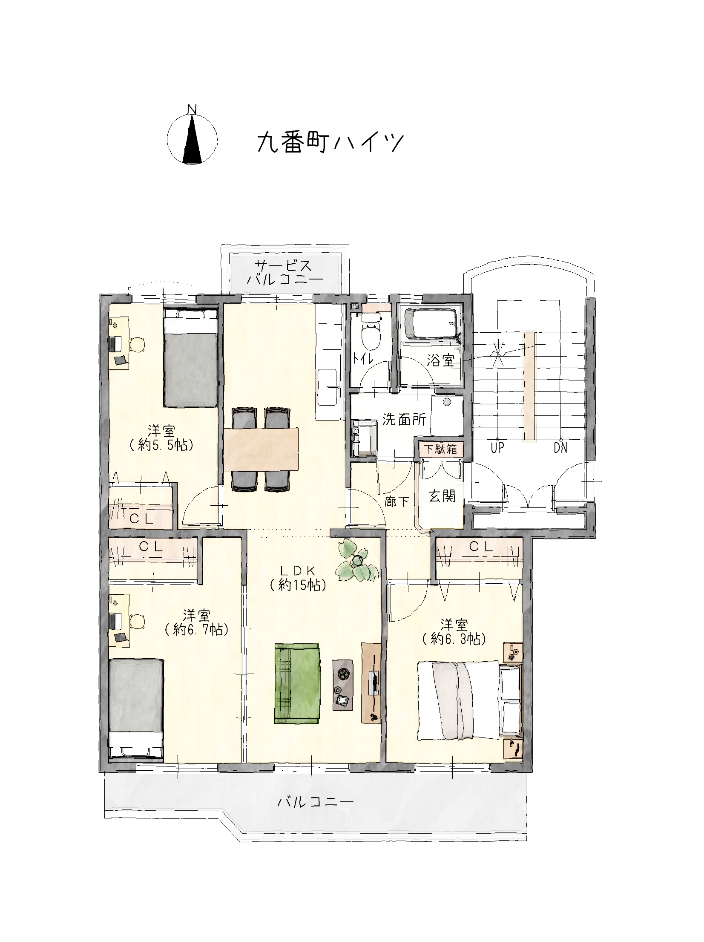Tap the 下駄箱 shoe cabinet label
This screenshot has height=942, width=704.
tap(440, 449)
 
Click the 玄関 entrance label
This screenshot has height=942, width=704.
tap(442, 496)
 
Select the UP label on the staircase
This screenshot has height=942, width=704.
tap(497, 448)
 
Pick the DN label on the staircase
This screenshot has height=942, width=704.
tap(560, 448)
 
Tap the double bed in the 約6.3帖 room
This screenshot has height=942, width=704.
tap(469, 700)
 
